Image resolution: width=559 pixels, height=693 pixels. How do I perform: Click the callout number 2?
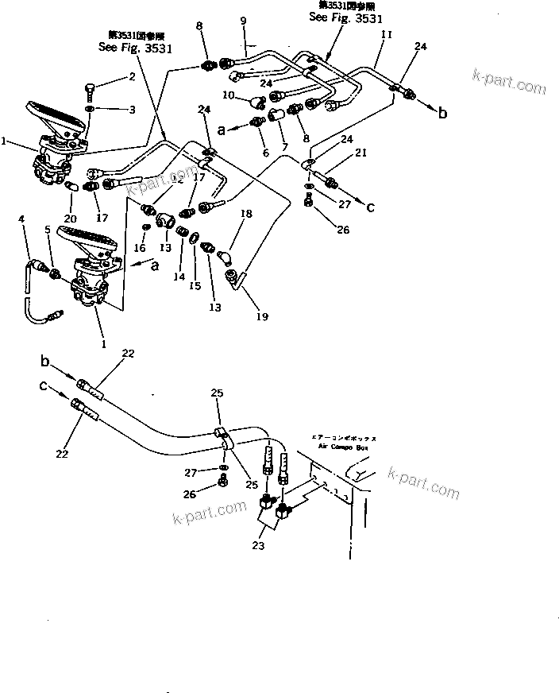(x=132, y=77)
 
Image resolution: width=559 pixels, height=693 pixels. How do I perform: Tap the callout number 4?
(x=21, y=219)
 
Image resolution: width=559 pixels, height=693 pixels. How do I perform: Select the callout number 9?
(x=243, y=19)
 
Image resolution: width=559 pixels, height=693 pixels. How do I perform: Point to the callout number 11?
(x=386, y=36)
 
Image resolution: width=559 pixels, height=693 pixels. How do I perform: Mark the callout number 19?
(x=261, y=316)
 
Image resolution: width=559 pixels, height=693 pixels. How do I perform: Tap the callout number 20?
(x=71, y=219)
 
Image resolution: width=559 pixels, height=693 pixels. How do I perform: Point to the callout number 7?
(x=284, y=149)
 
